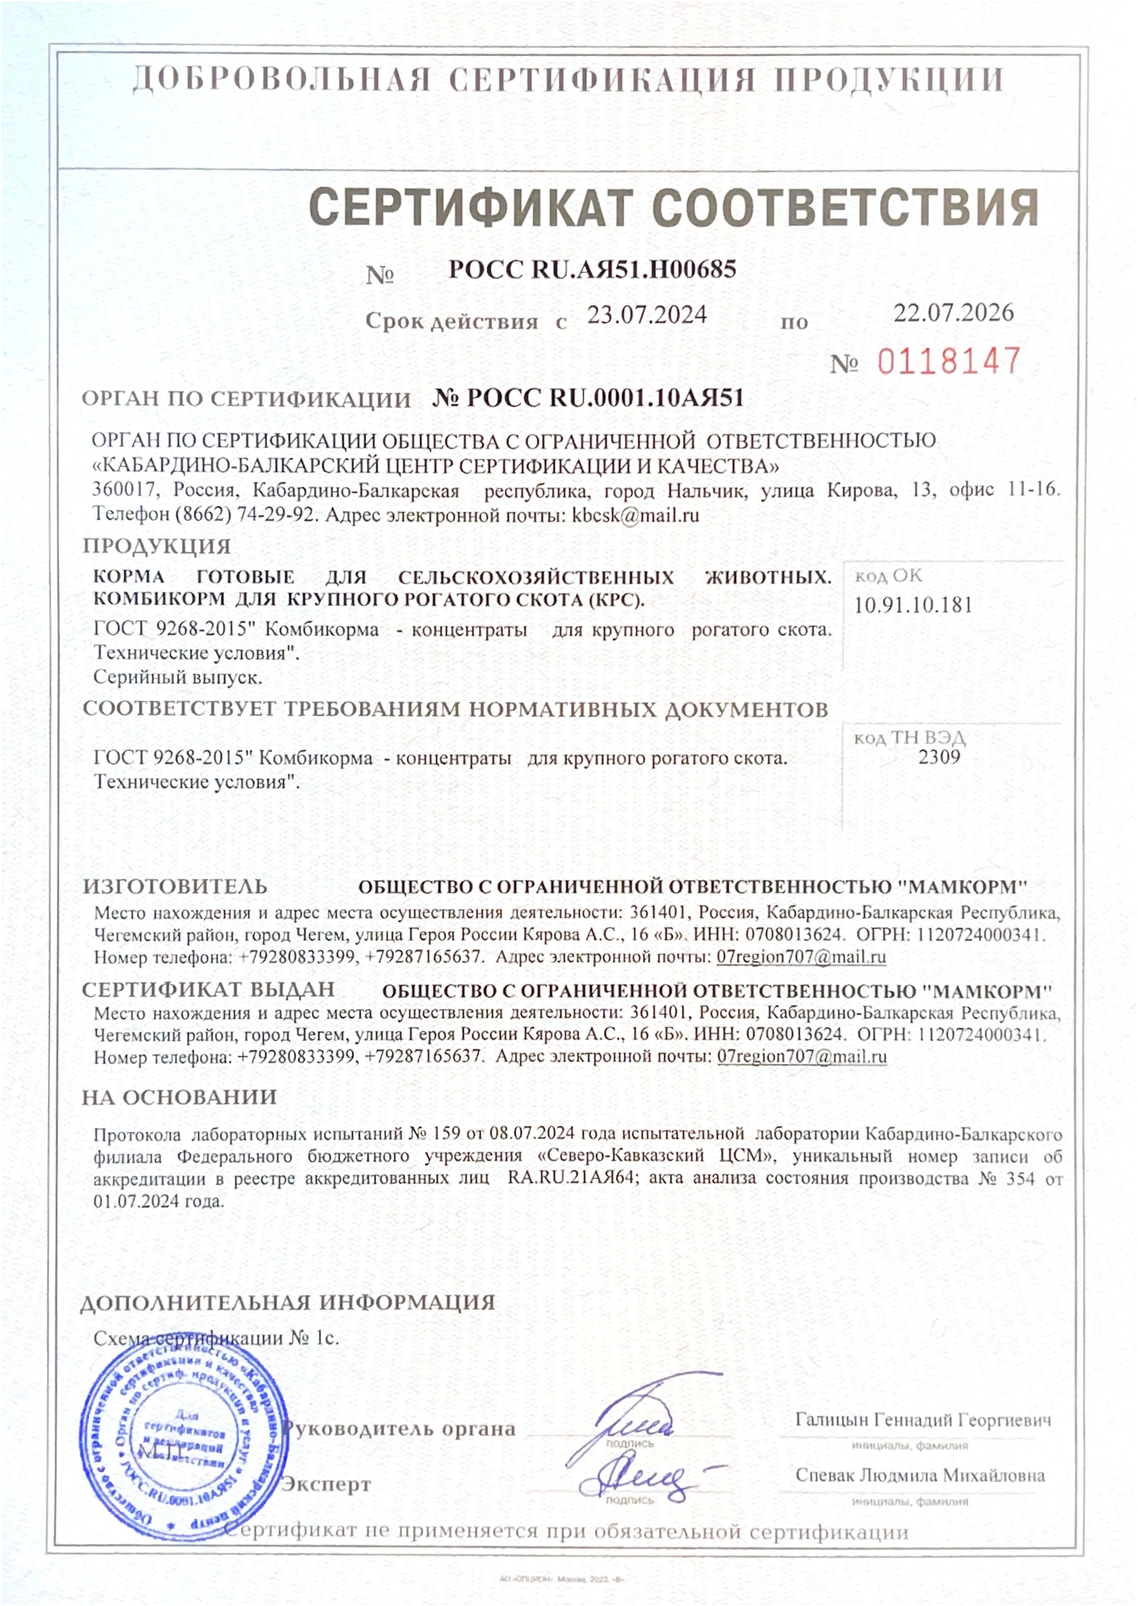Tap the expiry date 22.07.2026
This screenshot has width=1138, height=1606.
[x=953, y=313]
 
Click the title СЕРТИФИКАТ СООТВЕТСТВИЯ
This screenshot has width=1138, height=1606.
[x=673, y=207]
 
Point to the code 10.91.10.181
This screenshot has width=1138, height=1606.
[x=913, y=605]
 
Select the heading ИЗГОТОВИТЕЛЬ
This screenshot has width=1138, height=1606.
[x=175, y=886]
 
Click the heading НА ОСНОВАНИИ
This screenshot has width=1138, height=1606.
[x=179, y=1097]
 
